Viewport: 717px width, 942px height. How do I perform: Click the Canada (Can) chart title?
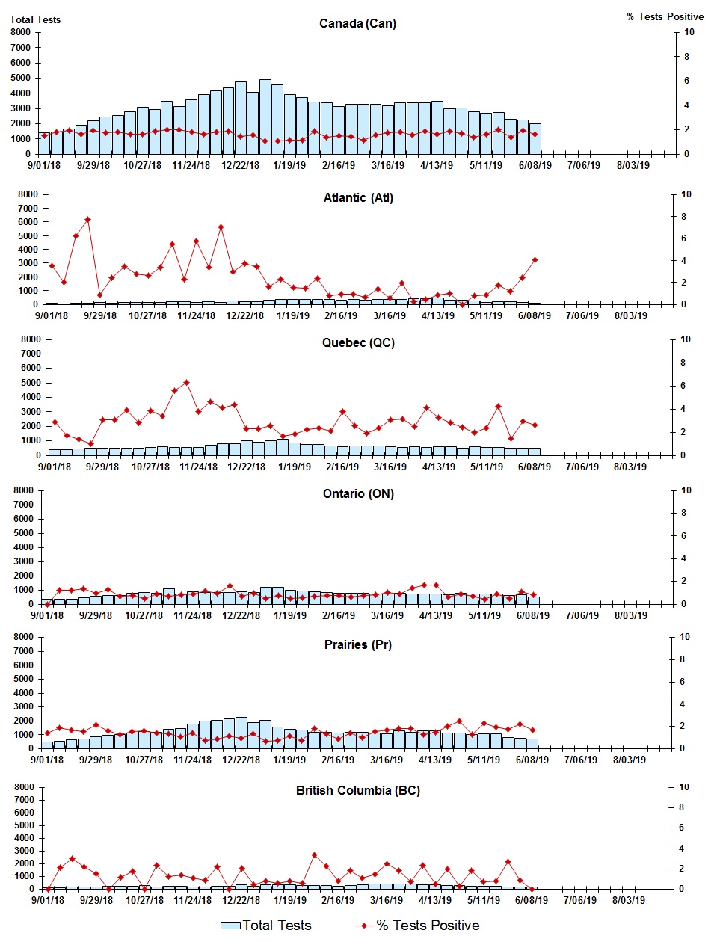(x=357, y=24)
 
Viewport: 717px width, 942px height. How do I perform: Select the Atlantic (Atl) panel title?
(x=358, y=198)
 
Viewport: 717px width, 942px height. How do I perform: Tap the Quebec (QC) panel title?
(x=358, y=343)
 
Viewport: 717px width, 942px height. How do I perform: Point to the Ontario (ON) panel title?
(x=358, y=494)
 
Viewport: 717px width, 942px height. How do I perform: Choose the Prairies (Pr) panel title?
(x=358, y=645)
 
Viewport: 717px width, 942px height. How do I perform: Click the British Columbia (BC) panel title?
(x=358, y=791)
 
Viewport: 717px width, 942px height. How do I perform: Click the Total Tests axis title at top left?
(x=35, y=19)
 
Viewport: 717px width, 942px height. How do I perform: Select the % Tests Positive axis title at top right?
(x=665, y=16)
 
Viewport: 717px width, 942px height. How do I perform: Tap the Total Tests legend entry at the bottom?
(x=266, y=926)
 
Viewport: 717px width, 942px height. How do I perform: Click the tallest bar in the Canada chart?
(x=265, y=116)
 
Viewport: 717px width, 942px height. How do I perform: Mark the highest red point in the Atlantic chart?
(x=87, y=220)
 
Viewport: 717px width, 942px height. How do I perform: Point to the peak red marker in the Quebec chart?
(x=186, y=383)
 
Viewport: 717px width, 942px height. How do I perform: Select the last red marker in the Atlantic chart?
(x=535, y=260)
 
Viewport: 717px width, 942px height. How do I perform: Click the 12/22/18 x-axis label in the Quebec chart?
(x=246, y=467)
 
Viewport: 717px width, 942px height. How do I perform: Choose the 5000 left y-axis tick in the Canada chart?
(x=21, y=78)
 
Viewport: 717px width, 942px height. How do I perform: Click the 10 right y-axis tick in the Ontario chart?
(x=686, y=490)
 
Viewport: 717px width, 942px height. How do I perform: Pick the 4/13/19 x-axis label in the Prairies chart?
(x=434, y=760)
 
